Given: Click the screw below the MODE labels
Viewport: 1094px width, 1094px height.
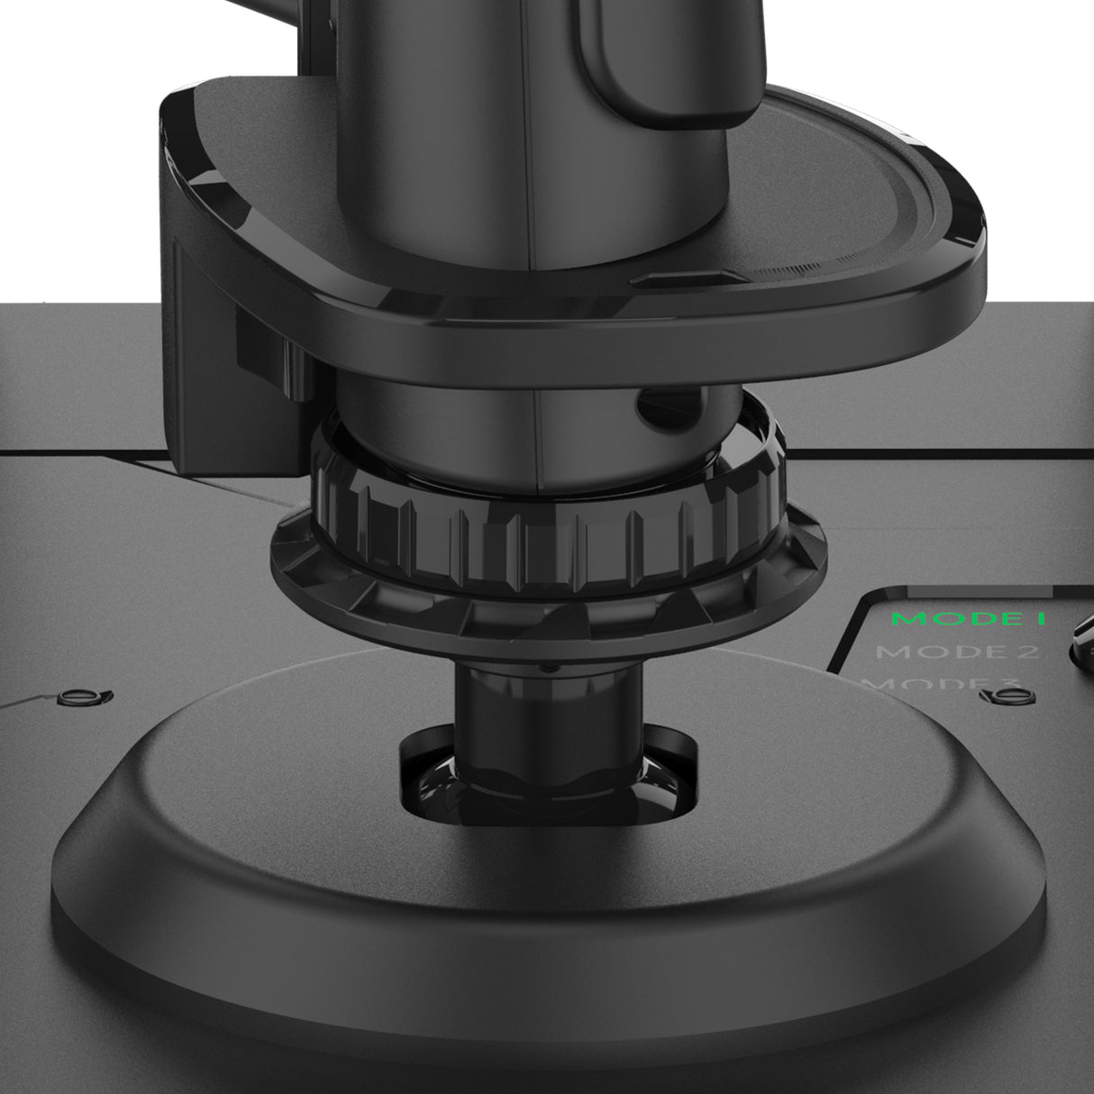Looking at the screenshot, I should [x=998, y=696].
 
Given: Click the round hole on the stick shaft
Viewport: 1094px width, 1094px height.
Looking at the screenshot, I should [x=648, y=407].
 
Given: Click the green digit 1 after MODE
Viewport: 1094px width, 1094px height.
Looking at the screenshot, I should [x=1039, y=620].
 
